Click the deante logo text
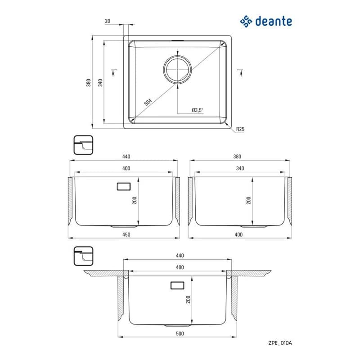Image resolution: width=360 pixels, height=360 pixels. coord(274,21)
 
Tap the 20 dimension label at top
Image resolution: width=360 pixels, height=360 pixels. coord(108,21)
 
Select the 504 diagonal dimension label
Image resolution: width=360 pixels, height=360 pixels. coord(148,102)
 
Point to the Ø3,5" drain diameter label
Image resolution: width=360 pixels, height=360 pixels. coord(198,110)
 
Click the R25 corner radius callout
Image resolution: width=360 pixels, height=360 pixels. coord(240,129)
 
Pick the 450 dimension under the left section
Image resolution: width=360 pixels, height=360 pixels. coord(126,234)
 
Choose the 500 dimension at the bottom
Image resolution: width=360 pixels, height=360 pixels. coord(180,333)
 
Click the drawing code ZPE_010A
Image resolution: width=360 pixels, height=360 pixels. coord(280,343)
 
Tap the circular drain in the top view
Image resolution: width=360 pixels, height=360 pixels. coord(177,69)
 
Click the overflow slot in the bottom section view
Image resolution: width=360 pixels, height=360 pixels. coord(177,285)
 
